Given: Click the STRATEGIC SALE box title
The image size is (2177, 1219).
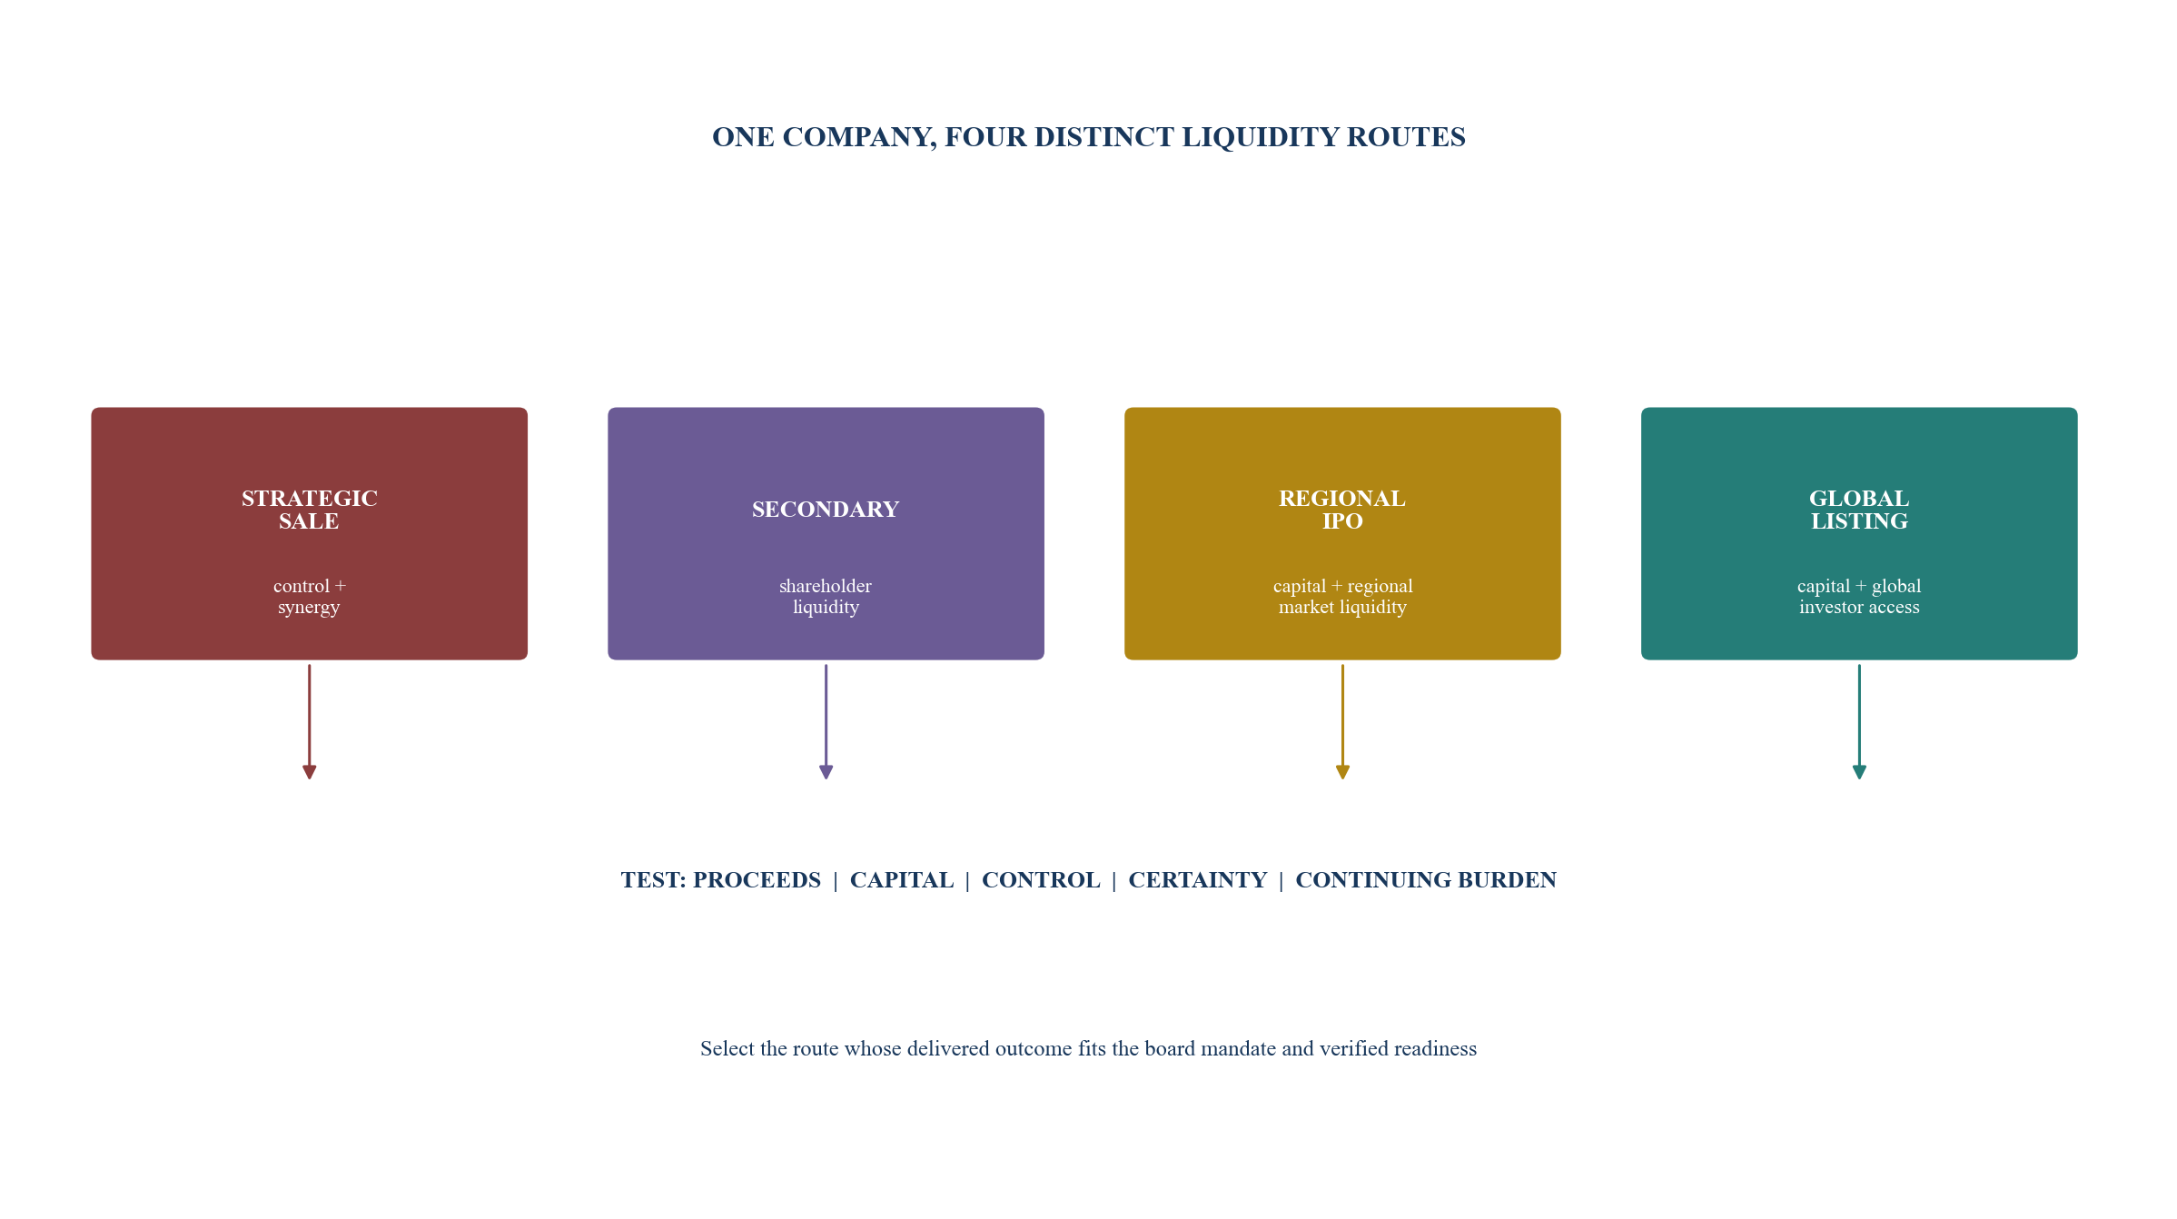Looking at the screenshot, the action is click(x=309, y=510).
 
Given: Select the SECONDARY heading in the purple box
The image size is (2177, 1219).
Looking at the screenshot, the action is click(x=826, y=510).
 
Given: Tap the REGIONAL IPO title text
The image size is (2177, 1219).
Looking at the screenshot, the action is click(x=1342, y=510).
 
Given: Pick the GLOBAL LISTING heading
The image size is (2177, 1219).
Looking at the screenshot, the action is click(x=1859, y=510).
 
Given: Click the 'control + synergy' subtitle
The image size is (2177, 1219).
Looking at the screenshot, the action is click(x=309, y=597).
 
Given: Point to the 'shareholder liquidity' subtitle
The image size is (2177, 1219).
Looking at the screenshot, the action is click(x=826, y=597).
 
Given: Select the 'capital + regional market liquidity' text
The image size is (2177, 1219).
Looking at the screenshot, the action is click(x=1342, y=597).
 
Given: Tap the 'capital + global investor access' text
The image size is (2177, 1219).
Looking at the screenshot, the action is click(x=1859, y=597).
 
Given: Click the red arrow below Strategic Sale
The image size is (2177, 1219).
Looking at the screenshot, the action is click(x=309, y=721).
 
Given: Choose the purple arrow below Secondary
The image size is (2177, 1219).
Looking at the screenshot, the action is click(x=826, y=721).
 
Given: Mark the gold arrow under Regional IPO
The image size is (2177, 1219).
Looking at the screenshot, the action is click(x=1342, y=721).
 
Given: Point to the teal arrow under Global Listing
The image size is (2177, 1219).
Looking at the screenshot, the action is click(x=1859, y=721).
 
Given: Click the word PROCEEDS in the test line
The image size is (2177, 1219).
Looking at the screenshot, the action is click(x=757, y=880).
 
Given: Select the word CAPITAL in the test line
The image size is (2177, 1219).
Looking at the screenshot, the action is click(x=902, y=880).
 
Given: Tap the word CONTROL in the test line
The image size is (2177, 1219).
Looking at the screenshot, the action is click(x=1041, y=880).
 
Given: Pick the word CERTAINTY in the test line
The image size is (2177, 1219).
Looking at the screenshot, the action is click(x=1198, y=880).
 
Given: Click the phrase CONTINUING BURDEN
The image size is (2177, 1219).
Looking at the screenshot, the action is click(x=1426, y=880).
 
